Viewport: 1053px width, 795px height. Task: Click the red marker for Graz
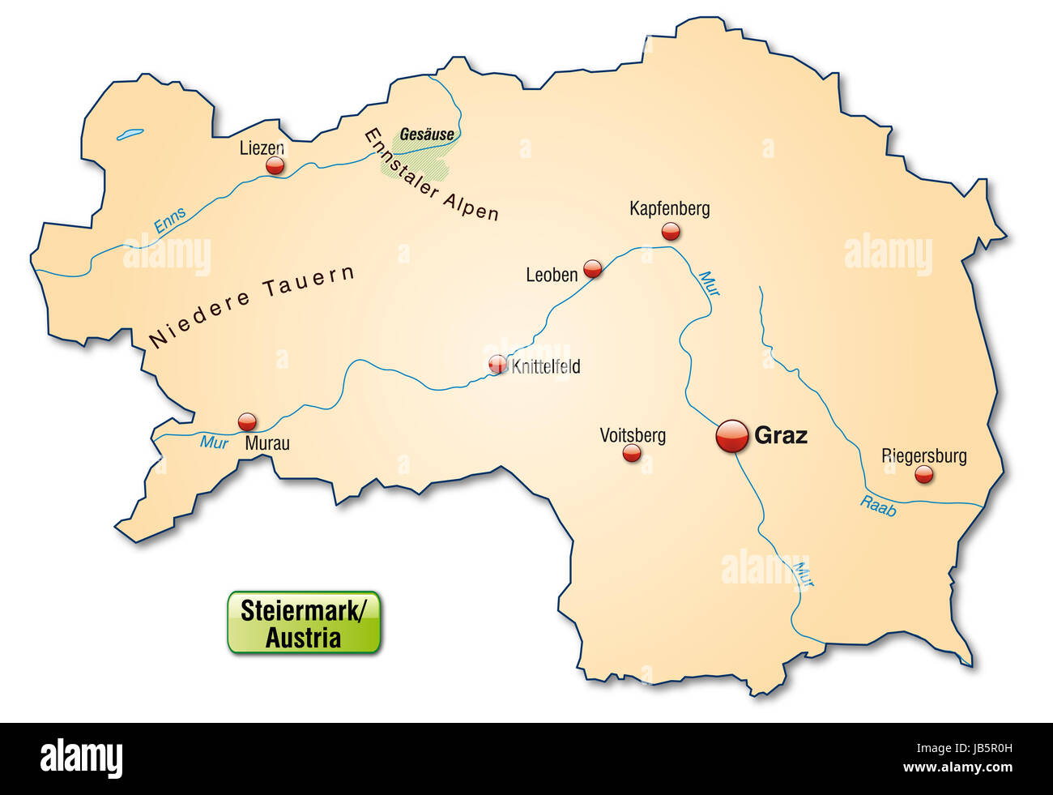tap(732, 436)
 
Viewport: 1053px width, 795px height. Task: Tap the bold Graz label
tap(780, 435)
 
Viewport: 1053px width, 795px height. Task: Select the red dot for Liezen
tap(275, 166)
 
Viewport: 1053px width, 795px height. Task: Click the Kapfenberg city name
tap(669, 208)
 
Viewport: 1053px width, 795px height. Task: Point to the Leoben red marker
tap(593, 268)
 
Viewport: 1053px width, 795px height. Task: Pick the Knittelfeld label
tap(545, 366)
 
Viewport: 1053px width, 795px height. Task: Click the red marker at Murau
tap(247, 421)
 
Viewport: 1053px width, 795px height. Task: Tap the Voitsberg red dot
tap(632, 453)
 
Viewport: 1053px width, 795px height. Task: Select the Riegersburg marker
tap(923, 474)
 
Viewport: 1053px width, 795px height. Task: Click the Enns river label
tap(170, 220)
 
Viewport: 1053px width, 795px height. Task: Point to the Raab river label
tap(878, 506)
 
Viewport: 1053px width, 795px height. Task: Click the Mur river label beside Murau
tap(214, 442)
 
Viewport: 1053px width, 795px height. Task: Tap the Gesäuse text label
tap(427, 135)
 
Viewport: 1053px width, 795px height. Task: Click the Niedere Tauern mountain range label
tap(252, 306)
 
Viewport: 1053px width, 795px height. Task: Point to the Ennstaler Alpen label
tap(431, 174)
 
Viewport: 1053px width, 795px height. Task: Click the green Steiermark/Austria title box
tap(304, 622)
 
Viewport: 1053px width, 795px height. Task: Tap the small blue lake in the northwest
tap(130, 135)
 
